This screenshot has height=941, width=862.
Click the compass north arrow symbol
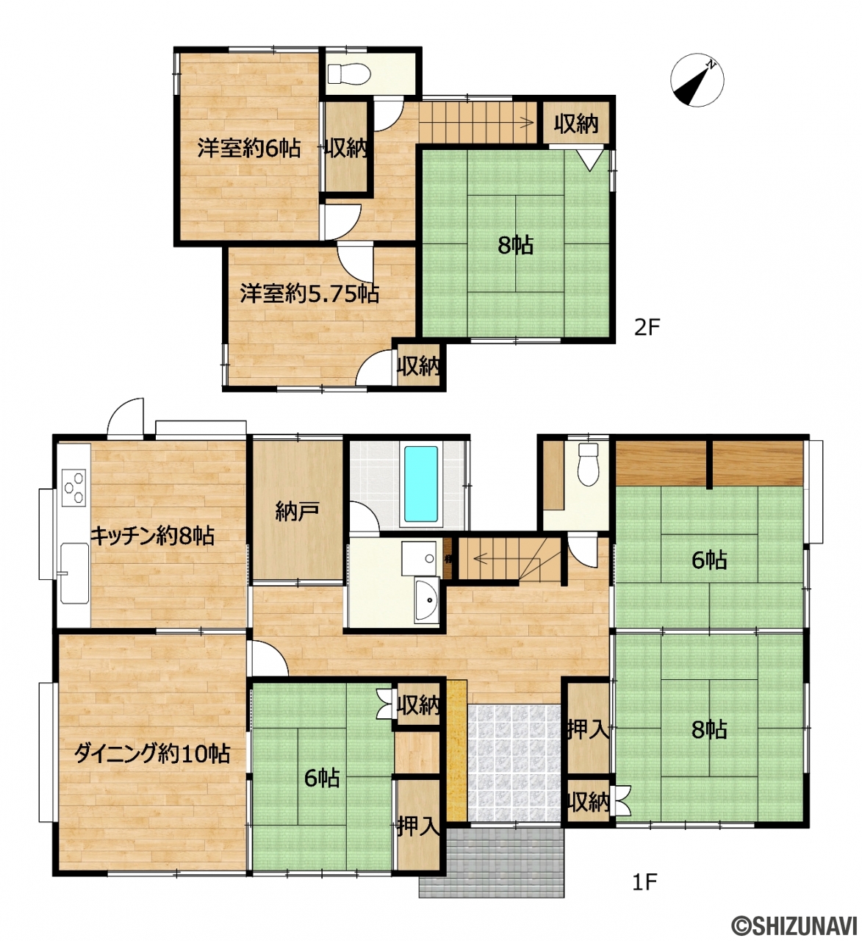[x=697, y=79]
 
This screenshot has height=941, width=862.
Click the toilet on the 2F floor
[x=349, y=74]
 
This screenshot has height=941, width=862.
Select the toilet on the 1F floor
[x=589, y=465]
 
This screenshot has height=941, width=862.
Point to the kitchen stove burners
[x=74, y=487]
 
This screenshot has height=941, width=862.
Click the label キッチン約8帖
[x=152, y=535]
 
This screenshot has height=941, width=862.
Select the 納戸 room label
[x=298, y=511]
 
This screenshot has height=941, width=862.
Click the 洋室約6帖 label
[x=248, y=148]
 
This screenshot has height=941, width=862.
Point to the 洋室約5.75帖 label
[x=309, y=293]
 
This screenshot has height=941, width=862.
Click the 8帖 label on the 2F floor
[x=515, y=245]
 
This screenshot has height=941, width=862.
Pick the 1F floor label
[x=644, y=882]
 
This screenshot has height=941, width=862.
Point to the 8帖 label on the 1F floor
[x=709, y=729]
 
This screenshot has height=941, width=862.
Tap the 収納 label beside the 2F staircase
[x=576, y=124]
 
